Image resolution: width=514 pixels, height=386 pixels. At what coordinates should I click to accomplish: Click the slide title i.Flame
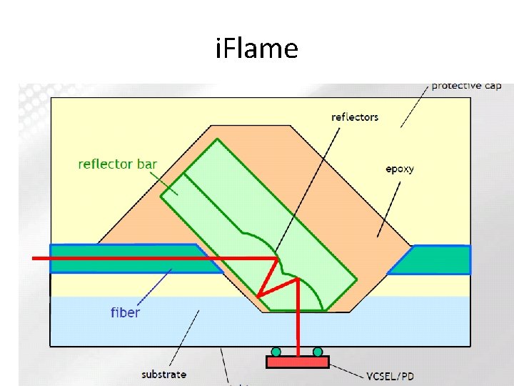(x=256, y=49)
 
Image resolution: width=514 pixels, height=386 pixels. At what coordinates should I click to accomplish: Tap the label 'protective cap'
(x=466, y=86)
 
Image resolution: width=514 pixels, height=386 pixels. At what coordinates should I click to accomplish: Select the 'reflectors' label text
(x=355, y=117)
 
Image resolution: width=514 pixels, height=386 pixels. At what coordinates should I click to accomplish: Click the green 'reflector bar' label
(x=117, y=164)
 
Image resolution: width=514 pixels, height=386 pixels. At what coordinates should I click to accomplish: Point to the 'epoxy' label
(x=400, y=169)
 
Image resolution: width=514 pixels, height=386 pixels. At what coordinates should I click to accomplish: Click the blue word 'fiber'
(x=125, y=312)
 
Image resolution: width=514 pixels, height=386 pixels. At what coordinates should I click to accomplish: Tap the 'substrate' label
(x=163, y=374)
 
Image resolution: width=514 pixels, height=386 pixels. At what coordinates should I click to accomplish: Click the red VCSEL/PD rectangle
(x=297, y=362)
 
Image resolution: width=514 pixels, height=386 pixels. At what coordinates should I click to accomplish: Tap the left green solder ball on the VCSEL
(x=276, y=352)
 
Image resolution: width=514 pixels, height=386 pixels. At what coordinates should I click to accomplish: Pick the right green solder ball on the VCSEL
(x=318, y=352)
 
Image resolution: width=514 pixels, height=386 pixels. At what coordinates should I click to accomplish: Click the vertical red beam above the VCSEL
(x=297, y=315)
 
